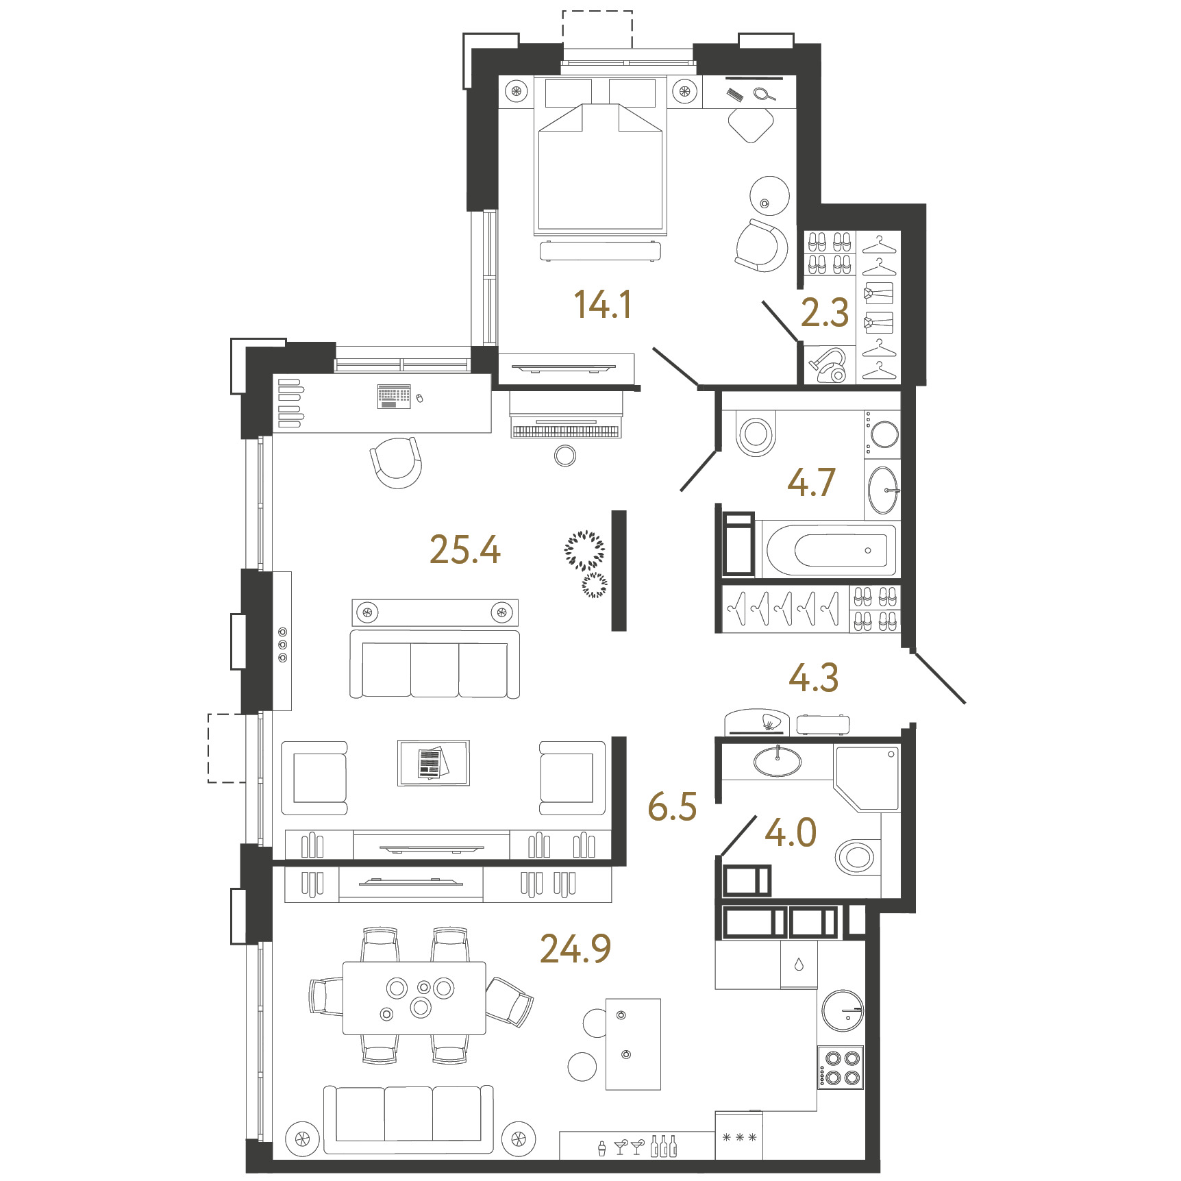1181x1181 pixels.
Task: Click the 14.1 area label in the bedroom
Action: pos(603,305)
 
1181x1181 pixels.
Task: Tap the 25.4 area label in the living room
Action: pos(465,550)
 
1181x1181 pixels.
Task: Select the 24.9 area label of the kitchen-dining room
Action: pos(575,949)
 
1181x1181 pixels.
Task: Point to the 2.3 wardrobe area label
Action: pos(825,313)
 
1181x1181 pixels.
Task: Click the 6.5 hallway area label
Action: pos(673,806)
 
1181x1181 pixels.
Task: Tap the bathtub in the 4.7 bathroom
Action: pos(829,549)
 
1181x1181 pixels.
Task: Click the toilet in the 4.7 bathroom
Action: pos(755,433)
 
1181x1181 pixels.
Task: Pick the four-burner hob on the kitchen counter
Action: pos(841,1067)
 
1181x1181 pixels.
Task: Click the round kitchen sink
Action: pos(843,1010)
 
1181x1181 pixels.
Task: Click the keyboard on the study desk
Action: pos(394,397)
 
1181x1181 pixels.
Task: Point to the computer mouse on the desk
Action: pos(419,398)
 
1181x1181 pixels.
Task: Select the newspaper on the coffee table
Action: pos(432,763)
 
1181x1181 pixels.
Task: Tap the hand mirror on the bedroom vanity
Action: pos(764,95)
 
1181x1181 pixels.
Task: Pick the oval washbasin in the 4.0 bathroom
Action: pos(778,761)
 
